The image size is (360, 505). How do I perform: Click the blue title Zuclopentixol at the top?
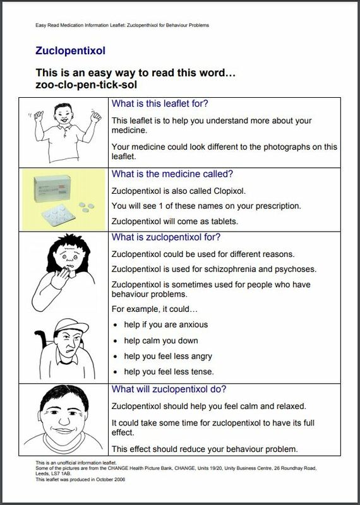tap(70, 51)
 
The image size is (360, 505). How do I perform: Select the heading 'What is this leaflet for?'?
tap(160, 104)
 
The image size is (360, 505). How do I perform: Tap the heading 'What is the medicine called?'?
tap(172, 174)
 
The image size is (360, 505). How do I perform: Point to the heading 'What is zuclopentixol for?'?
tap(166, 237)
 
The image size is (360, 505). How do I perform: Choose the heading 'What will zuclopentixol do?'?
tap(169, 389)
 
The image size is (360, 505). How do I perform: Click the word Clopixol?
tap(229, 191)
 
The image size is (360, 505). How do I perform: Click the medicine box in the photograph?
tap(52, 188)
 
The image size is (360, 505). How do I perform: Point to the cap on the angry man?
tap(71, 326)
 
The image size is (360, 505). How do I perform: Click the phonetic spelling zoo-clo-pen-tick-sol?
tap(86, 85)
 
